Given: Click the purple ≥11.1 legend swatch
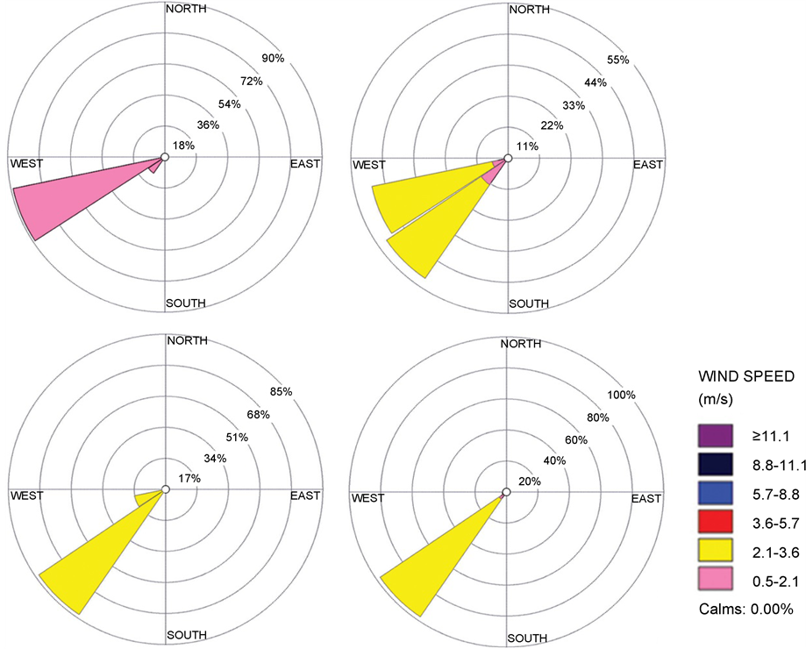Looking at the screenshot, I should pos(715,436).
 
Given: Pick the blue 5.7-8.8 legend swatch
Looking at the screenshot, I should pos(715,494).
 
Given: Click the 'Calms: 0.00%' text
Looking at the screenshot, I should pos(746,609).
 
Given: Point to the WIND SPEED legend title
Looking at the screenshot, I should pos(745,376).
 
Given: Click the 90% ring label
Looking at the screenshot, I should pos(274,59).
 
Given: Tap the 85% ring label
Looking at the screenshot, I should pos(282,391).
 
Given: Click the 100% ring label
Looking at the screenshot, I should pos(621,395).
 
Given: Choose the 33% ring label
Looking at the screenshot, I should pos(574,105).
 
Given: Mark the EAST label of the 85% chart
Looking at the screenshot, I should pos(305,496).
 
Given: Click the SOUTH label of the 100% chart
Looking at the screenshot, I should pos(528,638).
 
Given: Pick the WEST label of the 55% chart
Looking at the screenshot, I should pos(368,165).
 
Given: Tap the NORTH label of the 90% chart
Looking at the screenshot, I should pos(186,10).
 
